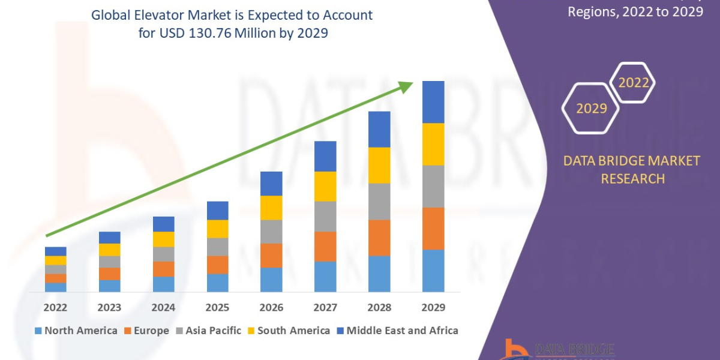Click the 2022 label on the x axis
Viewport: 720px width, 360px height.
click(55, 308)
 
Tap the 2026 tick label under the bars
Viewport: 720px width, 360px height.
click(271, 308)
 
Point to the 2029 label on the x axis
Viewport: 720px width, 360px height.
click(433, 308)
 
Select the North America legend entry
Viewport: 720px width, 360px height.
click(76, 331)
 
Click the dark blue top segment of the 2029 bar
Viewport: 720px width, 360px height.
click(433, 102)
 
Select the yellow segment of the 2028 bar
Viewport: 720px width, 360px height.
click(379, 165)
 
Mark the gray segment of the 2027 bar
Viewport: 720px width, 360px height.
click(325, 216)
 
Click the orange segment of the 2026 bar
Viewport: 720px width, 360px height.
click(271, 256)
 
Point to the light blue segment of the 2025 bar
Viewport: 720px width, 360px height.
click(217, 283)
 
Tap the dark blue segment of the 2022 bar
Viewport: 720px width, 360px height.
click(55, 251)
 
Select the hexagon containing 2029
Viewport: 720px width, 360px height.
click(591, 109)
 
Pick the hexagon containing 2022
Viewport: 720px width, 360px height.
click(633, 83)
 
